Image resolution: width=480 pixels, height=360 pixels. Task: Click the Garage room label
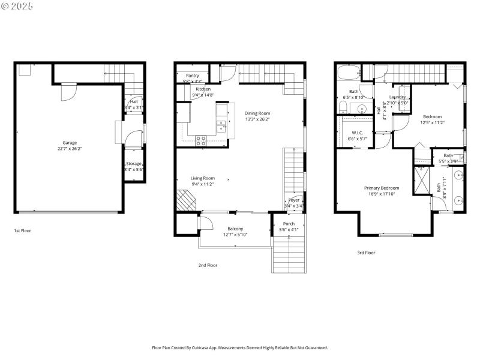[70, 143]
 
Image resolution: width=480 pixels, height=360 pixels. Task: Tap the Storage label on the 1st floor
[134, 164]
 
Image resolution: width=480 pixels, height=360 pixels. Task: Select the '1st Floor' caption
[23, 230]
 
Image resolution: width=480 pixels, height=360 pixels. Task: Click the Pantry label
[192, 76]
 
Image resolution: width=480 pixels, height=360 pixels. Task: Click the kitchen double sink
[221, 127]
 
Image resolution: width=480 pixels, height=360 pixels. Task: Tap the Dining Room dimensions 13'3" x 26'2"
[257, 119]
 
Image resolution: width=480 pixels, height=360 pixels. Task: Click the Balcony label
[235, 229]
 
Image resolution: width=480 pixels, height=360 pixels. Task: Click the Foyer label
[294, 200]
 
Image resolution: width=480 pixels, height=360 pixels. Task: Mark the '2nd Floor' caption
[208, 265]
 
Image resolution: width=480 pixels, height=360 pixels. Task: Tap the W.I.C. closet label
[358, 133]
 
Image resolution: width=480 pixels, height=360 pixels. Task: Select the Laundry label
[397, 97]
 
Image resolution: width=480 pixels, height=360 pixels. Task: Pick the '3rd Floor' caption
[366, 253]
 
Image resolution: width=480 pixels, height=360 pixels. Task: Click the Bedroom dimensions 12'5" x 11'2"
[432, 122]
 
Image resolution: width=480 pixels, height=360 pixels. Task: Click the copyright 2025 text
[17, 5]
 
